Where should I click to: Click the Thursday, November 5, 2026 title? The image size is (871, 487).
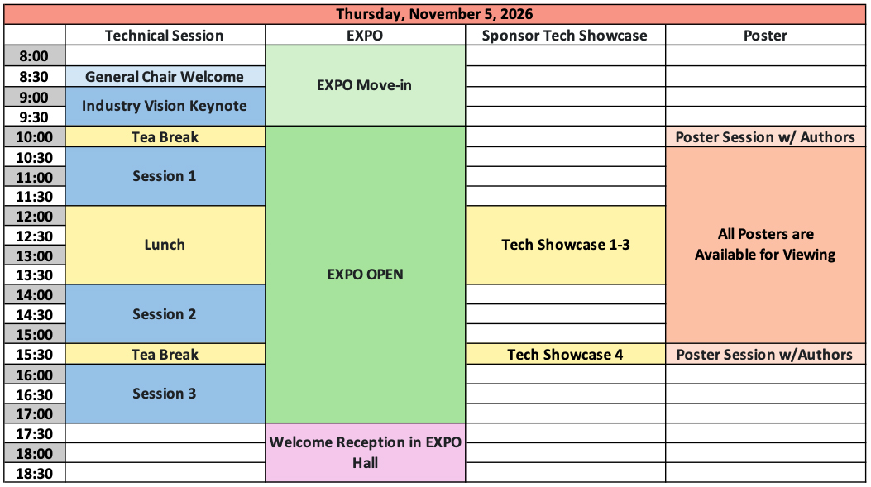(x=434, y=14)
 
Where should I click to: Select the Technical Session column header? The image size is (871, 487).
(x=165, y=36)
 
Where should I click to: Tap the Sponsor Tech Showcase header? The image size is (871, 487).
(x=565, y=36)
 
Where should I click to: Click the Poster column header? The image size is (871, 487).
(x=765, y=36)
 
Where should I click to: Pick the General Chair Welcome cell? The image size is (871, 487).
(x=165, y=77)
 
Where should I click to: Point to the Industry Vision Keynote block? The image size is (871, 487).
(x=165, y=106)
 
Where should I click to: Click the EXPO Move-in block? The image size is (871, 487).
(x=365, y=85)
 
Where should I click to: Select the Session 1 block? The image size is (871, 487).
(x=165, y=177)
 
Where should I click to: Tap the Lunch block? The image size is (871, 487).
(x=165, y=245)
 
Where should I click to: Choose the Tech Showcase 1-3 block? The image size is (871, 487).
(x=566, y=245)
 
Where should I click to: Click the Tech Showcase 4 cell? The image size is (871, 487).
(x=566, y=354)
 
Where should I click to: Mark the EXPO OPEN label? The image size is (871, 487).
(x=365, y=275)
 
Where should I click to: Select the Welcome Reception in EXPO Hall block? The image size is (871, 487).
(x=365, y=452)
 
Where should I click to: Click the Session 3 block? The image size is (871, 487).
(x=165, y=394)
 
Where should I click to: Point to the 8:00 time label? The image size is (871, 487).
(x=34, y=56)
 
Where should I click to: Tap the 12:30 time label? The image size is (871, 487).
(x=34, y=236)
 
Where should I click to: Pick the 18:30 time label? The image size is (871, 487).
(x=34, y=474)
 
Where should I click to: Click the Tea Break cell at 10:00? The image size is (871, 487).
(x=165, y=137)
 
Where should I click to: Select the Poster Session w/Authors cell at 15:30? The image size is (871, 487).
(x=765, y=354)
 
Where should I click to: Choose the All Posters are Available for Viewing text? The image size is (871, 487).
(x=765, y=245)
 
